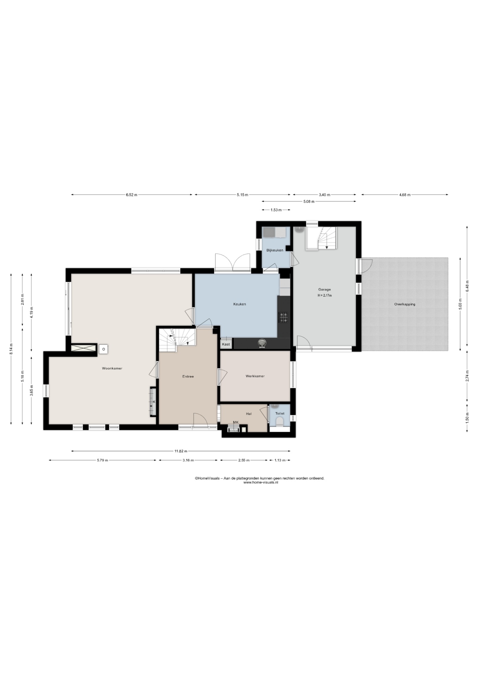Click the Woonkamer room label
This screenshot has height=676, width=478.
point(112,368)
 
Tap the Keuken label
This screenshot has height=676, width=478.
point(239,304)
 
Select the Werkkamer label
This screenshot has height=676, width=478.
point(255,376)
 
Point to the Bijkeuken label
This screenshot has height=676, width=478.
point(275,250)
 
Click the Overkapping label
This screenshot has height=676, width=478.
point(404,304)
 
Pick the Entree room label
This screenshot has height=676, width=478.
point(188,376)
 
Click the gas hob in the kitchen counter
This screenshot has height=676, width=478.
point(283,318)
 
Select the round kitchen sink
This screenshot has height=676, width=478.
point(262,343)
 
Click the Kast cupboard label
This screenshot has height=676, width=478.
point(226,344)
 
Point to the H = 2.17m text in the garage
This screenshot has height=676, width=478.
point(325,295)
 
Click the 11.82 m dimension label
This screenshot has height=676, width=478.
point(181,451)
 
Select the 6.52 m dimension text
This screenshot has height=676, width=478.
point(131,195)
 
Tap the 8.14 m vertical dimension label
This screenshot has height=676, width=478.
point(11,349)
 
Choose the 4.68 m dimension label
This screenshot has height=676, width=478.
point(405,195)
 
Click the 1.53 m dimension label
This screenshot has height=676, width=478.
point(276,210)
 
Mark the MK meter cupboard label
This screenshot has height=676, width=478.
point(235,422)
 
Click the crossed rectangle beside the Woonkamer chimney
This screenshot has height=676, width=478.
point(83,348)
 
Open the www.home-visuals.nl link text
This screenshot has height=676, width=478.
point(260,482)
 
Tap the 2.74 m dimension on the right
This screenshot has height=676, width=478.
point(467,375)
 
